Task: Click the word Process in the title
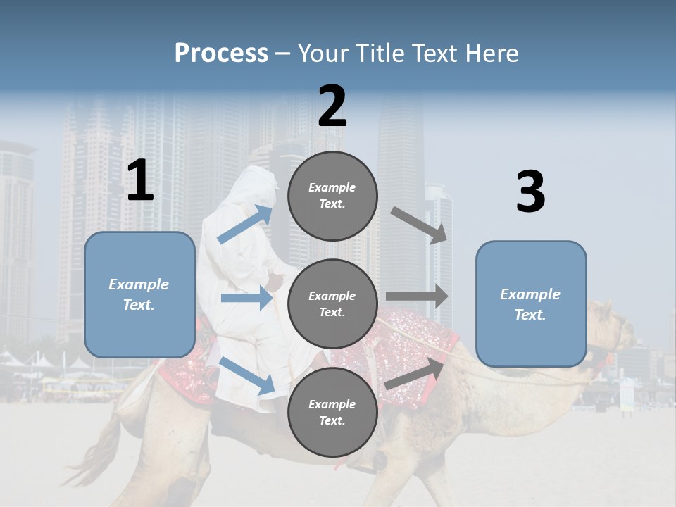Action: [221, 54]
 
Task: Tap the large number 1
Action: [140, 181]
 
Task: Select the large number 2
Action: [332, 107]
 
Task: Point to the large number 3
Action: [530, 192]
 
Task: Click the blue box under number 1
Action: [139, 294]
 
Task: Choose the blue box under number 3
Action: [531, 303]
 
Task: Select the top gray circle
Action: [332, 195]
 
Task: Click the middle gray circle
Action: [332, 303]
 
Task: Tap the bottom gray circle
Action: [332, 412]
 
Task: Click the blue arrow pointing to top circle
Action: [245, 224]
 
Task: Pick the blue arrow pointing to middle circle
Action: [246, 298]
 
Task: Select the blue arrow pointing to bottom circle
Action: [246, 375]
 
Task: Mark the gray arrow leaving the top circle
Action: [420, 225]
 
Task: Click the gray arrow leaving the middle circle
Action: [417, 296]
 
